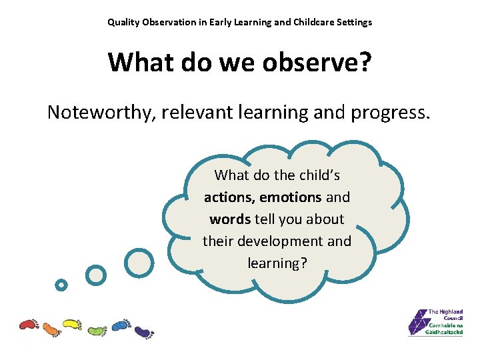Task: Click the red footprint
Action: [29, 325]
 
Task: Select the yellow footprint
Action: [72, 325]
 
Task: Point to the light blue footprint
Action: [120, 325]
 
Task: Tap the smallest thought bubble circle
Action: [61, 285]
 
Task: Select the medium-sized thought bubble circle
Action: [96, 275]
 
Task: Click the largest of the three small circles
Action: [139, 262]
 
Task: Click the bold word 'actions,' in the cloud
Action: [229, 197]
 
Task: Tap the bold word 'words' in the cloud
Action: [229, 219]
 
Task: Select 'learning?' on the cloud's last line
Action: [277, 263]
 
